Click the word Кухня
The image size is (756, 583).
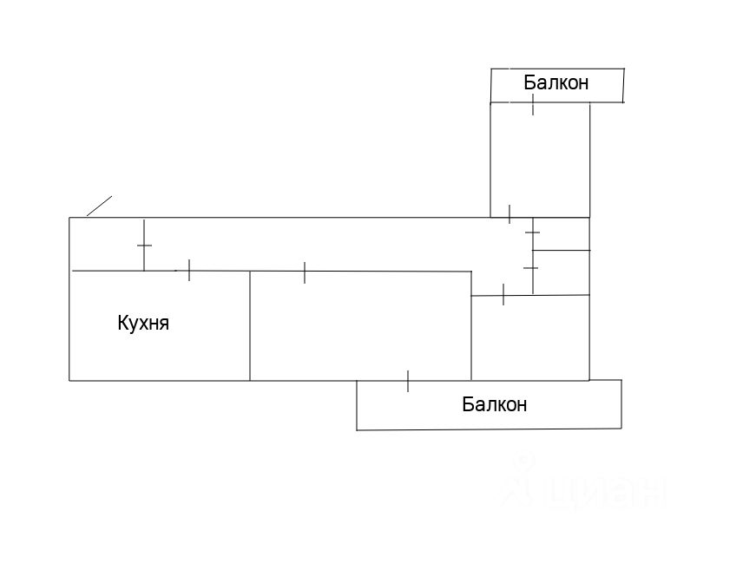(142, 324)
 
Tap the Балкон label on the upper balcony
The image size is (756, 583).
(555, 83)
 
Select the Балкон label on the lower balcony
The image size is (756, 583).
(494, 404)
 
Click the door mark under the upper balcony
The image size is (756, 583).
(533, 105)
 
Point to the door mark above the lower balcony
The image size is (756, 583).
(408, 380)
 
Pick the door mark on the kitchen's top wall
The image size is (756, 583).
(188, 270)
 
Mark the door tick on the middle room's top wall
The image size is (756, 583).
(305, 272)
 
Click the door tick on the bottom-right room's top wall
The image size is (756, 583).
(503, 295)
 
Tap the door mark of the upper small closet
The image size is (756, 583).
(532, 233)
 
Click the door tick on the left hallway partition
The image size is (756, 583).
(144, 246)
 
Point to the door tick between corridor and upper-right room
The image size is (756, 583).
(509, 213)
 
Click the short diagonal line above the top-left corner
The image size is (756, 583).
(99, 206)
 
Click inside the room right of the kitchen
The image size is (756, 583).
(360, 325)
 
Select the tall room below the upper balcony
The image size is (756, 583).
(540, 160)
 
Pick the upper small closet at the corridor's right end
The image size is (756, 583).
(561, 233)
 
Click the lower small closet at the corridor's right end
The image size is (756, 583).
(561, 272)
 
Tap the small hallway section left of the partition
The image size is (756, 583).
(106, 244)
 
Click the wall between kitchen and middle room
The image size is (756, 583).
(250, 325)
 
